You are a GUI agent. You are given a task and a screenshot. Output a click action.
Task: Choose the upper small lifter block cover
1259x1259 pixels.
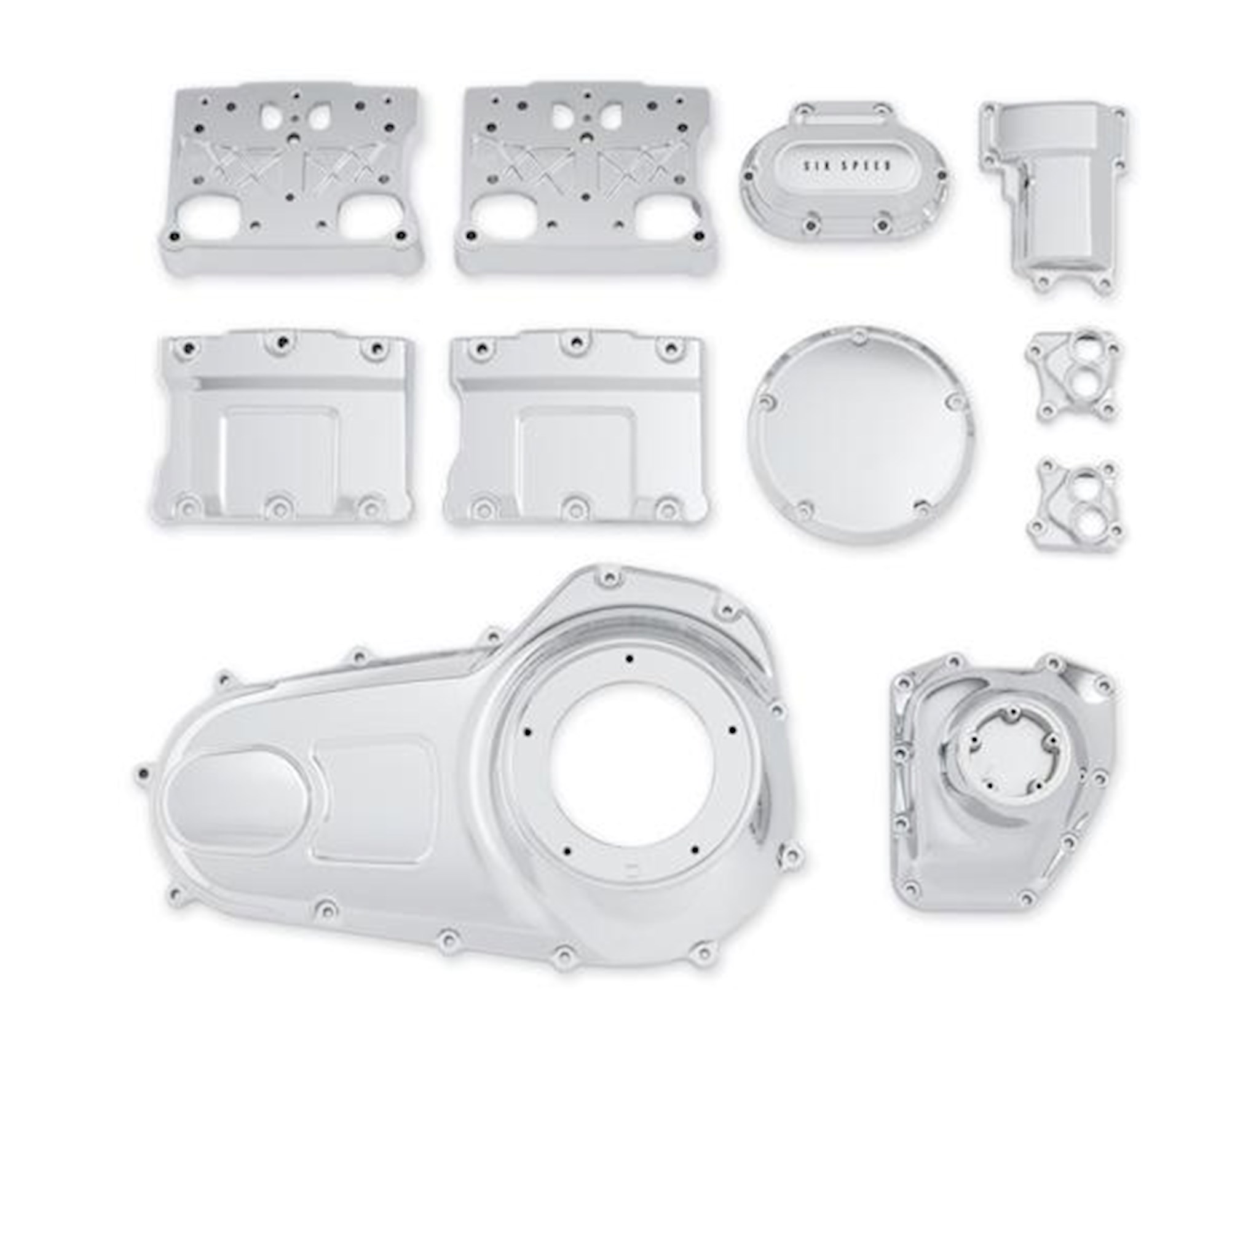[1068, 376]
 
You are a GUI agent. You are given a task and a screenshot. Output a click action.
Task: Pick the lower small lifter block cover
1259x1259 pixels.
[1076, 504]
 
